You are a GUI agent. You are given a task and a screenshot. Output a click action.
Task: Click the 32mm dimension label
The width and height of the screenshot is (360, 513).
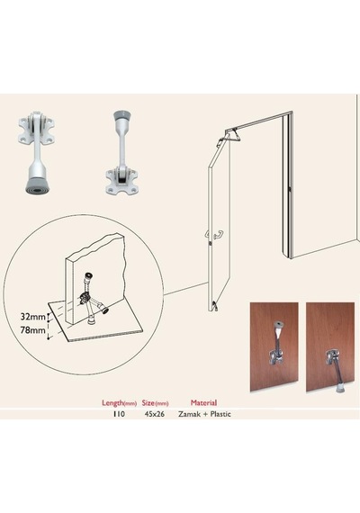(32, 317)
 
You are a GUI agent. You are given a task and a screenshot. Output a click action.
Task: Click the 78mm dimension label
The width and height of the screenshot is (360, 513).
(32, 329)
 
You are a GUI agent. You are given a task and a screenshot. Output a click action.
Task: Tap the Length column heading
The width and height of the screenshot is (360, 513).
(119, 403)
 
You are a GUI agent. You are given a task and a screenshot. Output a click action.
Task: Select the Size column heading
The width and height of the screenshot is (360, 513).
(155, 402)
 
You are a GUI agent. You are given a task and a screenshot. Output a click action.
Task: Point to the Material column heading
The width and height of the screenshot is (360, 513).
(203, 402)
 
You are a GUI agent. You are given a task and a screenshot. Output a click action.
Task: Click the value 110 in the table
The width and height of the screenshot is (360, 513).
(119, 414)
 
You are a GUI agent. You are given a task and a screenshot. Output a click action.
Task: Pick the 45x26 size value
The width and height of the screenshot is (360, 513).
(155, 414)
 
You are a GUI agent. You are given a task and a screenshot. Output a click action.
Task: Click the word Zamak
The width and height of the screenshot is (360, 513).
(189, 414)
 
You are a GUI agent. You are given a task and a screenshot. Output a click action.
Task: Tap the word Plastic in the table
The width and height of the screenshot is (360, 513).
(220, 414)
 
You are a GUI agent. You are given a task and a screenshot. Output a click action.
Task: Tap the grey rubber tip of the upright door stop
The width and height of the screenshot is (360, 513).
(122, 116)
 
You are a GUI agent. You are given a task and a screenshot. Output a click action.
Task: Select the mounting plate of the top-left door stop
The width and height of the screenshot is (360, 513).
(36, 131)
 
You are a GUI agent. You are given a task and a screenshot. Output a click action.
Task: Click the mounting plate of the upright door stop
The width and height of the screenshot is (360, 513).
(122, 182)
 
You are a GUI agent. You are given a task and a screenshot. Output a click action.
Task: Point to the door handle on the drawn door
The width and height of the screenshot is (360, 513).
(215, 234)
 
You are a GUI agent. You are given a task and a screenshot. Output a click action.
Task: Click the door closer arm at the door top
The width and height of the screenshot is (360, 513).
(233, 135)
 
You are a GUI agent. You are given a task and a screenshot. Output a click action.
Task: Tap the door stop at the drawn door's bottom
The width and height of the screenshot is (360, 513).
(215, 306)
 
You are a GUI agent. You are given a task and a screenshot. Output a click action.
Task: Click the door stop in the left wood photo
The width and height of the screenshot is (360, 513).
(275, 344)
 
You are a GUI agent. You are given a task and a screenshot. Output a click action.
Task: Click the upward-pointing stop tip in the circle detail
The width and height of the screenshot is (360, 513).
(87, 275)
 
